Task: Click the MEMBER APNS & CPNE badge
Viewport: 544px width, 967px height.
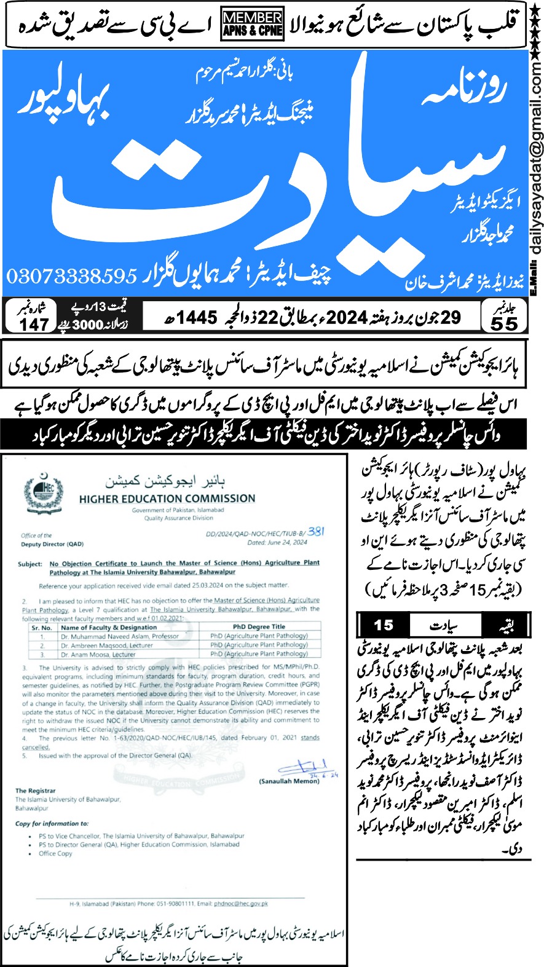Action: click(x=253, y=25)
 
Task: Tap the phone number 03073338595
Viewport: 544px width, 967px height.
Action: click(x=71, y=276)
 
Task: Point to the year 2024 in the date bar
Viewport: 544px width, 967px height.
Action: click(x=347, y=317)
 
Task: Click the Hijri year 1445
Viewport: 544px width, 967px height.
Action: click(x=196, y=317)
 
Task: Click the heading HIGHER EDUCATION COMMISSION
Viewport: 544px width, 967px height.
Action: click(x=167, y=499)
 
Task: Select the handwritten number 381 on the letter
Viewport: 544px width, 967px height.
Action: click(x=316, y=531)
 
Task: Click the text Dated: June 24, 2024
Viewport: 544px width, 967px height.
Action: click(x=277, y=543)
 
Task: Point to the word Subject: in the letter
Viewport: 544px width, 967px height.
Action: click(x=30, y=564)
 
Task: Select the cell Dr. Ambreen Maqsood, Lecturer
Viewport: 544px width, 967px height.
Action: click(x=106, y=645)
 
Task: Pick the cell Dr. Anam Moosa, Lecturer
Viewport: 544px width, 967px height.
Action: click(x=98, y=654)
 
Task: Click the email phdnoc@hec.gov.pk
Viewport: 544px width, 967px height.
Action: click(x=241, y=904)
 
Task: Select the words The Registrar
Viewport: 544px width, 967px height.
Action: click(x=36, y=791)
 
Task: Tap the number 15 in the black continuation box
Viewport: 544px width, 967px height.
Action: click(x=384, y=625)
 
